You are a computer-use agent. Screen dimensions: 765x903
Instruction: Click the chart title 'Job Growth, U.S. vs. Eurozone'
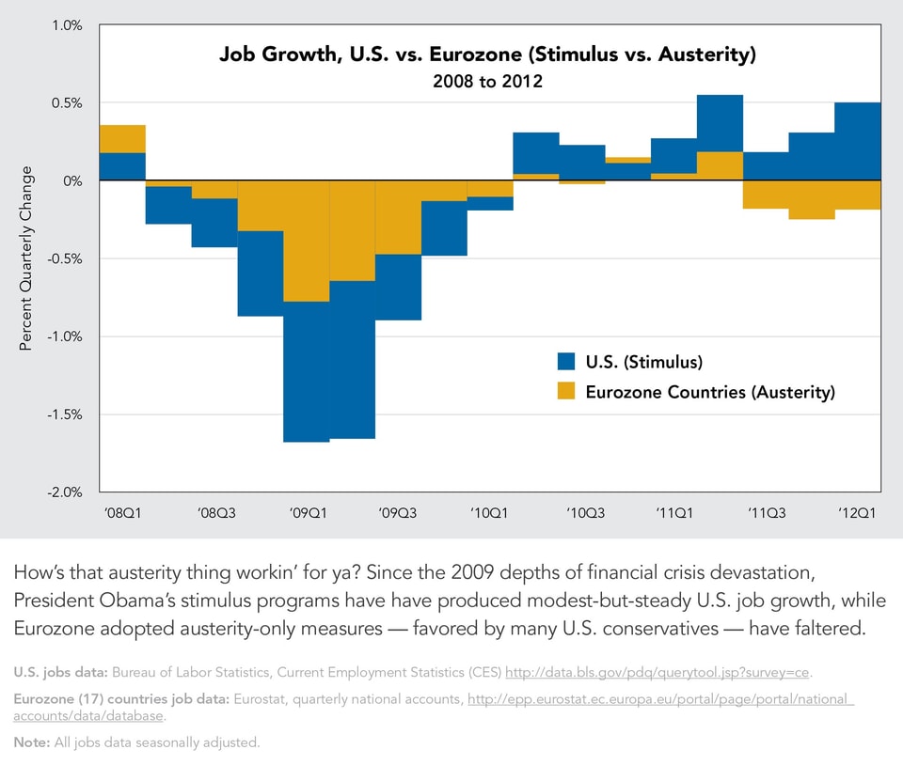(x=487, y=54)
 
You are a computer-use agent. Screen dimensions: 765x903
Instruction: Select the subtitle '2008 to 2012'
(x=487, y=82)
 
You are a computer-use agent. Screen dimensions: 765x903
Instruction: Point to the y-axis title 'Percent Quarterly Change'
(x=26, y=258)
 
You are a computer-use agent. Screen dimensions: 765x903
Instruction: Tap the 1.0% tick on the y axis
(x=66, y=24)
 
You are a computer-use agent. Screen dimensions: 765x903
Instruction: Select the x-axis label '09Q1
(x=308, y=513)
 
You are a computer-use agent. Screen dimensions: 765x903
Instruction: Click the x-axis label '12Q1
(x=858, y=513)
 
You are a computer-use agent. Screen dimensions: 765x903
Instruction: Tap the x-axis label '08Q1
(x=122, y=513)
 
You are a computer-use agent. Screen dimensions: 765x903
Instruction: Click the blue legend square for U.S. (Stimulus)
(x=565, y=362)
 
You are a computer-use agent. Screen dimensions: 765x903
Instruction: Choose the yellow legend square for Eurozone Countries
(x=565, y=392)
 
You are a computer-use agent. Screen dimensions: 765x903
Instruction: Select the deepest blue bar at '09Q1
(x=307, y=371)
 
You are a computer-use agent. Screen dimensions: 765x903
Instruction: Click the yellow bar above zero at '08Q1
(x=122, y=138)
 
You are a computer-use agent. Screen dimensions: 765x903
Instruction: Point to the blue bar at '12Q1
(x=858, y=141)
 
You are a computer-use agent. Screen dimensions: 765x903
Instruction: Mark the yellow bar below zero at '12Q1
(x=858, y=195)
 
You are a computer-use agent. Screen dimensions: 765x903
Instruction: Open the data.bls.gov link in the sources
(x=657, y=673)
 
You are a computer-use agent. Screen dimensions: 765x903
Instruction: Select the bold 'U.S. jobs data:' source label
(x=60, y=673)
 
